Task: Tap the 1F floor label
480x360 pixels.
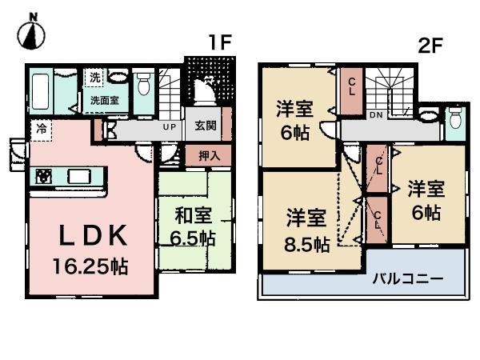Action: (220, 42)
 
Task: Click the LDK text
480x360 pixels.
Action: (90, 236)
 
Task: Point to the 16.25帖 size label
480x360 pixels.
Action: (90, 265)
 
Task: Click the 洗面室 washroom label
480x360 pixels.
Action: (102, 101)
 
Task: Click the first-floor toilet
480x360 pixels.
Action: (145, 83)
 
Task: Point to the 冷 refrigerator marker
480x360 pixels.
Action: (40, 128)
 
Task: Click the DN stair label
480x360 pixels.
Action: (375, 114)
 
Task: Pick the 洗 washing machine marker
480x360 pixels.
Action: (94, 78)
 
